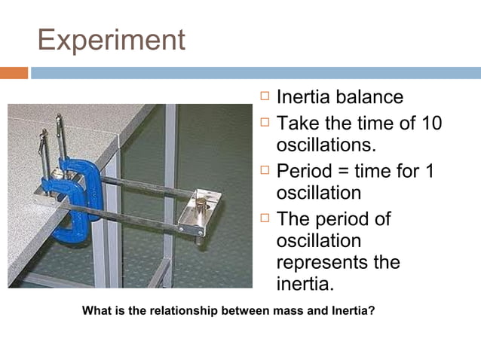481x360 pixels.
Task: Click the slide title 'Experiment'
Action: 111,39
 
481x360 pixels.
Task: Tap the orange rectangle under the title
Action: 14,73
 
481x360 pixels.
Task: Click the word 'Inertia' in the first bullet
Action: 305,98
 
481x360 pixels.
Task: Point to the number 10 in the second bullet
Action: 430,123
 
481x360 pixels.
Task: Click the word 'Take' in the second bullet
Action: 299,123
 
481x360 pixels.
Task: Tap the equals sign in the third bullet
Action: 355,171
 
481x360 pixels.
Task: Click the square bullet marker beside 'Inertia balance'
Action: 264,97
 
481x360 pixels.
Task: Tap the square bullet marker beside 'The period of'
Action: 264,219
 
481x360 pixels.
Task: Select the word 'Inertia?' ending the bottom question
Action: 352,310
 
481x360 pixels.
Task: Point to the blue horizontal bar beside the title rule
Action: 256,73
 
